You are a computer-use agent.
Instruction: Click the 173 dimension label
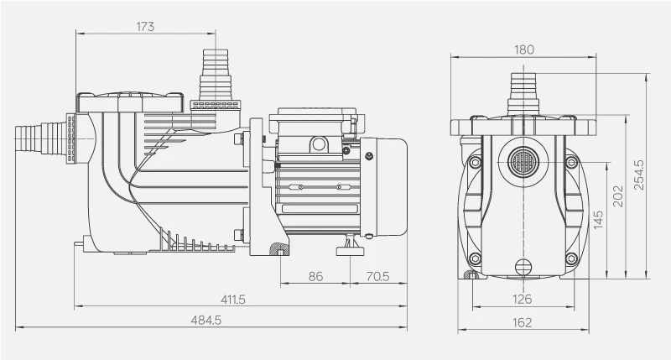[x=145, y=26]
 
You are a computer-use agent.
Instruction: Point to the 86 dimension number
[x=315, y=275]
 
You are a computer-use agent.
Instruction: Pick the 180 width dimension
[x=523, y=50]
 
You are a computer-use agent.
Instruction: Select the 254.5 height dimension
[x=639, y=175]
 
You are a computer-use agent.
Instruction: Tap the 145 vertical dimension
[x=597, y=220]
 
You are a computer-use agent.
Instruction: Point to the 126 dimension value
[x=523, y=299]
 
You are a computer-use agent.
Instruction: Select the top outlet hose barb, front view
[x=523, y=91]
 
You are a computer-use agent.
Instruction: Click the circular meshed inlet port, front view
[x=523, y=159]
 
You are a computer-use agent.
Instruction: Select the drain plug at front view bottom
[x=523, y=269]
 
